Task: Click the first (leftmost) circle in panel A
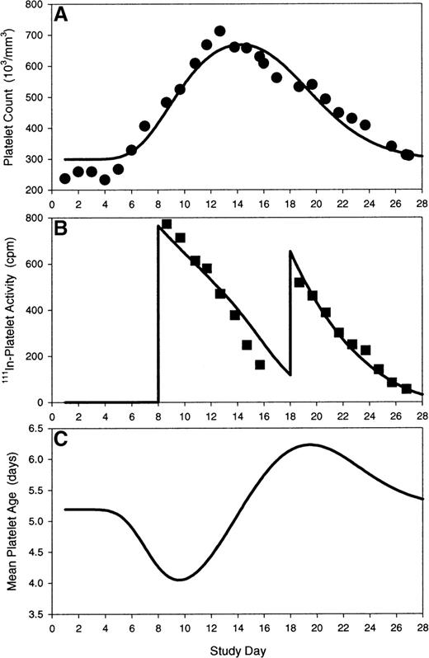click(x=65, y=179)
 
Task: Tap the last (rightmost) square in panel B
click(x=406, y=388)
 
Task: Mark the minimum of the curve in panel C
click(x=178, y=580)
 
